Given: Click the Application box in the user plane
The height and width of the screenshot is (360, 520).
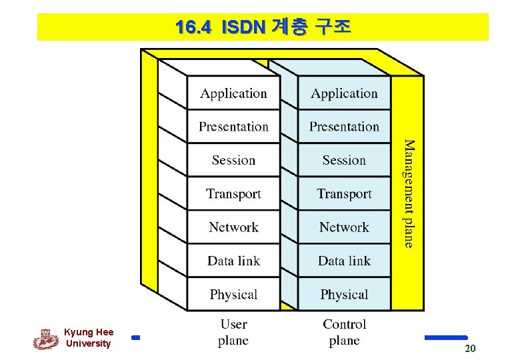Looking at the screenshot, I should tap(233, 93).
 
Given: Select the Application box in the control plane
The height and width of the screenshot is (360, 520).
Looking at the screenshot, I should tap(344, 93).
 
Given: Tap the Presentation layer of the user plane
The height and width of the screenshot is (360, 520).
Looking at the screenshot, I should tap(233, 127).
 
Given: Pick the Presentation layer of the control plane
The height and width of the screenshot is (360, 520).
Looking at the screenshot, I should tap(344, 127).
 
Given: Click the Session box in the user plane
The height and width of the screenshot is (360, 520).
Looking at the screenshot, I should tap(233, 160).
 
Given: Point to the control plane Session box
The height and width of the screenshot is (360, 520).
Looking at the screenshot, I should tap(344, 160).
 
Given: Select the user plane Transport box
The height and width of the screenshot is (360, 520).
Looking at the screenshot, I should tap(233, 193).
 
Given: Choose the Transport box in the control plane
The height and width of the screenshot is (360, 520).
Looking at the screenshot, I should tap(344, 193).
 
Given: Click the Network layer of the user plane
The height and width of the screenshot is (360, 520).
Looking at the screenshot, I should tap(233, 227).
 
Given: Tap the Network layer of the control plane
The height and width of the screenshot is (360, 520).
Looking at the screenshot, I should tap(344, 227).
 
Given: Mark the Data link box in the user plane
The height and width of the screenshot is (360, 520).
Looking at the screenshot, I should tap(233, 261).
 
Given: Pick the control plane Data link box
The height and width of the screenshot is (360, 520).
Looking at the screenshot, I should tap(344, 261).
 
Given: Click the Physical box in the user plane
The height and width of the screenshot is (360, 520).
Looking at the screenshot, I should tap(233, 294).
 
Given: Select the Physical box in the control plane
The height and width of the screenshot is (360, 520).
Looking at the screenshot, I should tap(344, 294).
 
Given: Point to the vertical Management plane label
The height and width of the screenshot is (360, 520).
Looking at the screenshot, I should tap(408, 193).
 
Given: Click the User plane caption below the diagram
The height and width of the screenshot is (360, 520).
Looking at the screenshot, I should tap(233, 332).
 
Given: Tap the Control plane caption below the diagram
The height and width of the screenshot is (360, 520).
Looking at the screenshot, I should tap(344, 332).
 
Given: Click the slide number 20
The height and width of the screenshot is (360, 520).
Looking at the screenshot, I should tap(470, 349).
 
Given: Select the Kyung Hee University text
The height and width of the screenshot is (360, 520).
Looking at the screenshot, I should tap(89, 338).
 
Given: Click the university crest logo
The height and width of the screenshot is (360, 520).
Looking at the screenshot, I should tap(45, 339).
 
